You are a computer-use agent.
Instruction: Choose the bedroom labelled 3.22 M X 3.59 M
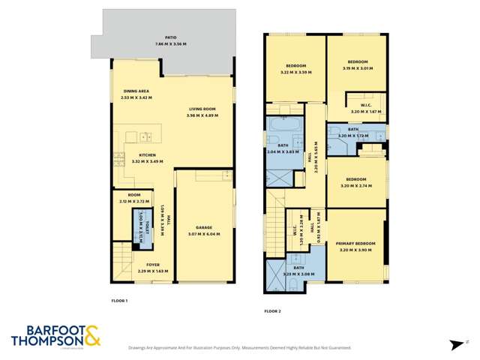coord(294,69)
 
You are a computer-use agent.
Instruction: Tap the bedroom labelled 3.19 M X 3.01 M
coord(356,64)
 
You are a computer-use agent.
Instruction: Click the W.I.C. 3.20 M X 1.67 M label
coord(367,108)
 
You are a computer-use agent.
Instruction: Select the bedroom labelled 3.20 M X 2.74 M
coord(356,182)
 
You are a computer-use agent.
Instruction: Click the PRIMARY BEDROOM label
coord(355,244)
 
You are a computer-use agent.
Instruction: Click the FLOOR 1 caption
coord(119,301)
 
